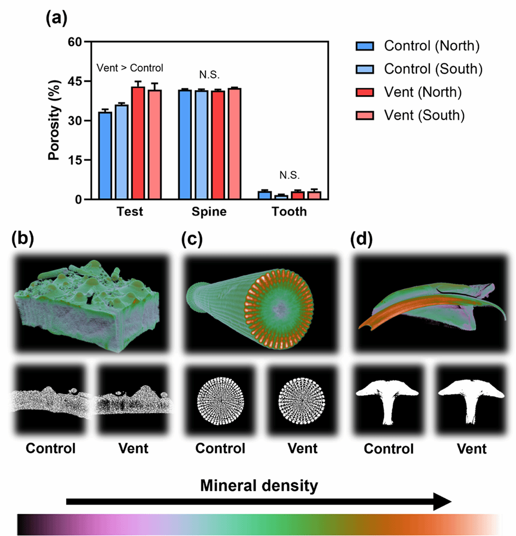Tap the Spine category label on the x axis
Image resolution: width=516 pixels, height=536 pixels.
(210, 212)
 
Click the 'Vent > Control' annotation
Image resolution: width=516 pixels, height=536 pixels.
(130, 68)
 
